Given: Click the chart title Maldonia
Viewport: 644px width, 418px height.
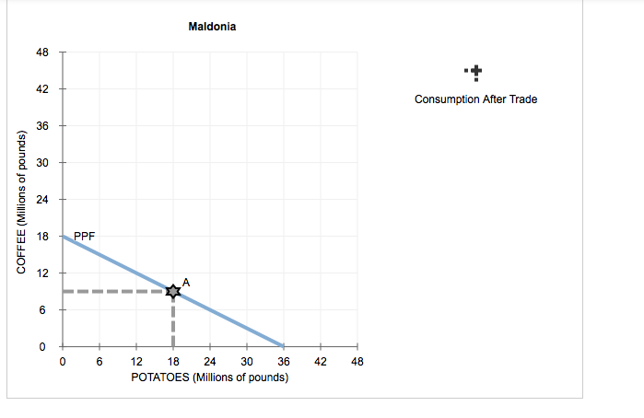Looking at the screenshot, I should tap(212, 27).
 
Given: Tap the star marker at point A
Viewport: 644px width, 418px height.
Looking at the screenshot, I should tap(172, 291).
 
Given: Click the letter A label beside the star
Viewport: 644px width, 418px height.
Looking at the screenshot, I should tap(186, 282).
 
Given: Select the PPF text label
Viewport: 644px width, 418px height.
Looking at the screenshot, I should tap(84, 236).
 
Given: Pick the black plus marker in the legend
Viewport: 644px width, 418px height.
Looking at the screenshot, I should tap(474, 72).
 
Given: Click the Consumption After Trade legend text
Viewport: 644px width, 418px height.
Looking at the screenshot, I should tap(475, 99).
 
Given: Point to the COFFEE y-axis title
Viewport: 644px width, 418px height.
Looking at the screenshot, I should tap(20, 199).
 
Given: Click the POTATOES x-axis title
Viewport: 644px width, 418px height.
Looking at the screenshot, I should tap(210, 377).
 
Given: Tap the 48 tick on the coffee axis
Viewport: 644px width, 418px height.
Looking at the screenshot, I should tap(42, 52).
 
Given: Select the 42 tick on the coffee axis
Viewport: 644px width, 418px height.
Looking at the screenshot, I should tap(42, 89).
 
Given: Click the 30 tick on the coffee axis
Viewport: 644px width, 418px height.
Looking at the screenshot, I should tap(42, 163).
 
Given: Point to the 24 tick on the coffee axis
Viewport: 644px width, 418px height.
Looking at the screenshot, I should tap(42, 200).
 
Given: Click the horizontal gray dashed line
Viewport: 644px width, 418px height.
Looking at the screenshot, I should tap(111, 292).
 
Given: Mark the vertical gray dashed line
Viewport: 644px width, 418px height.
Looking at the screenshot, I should tap(172, 322).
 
